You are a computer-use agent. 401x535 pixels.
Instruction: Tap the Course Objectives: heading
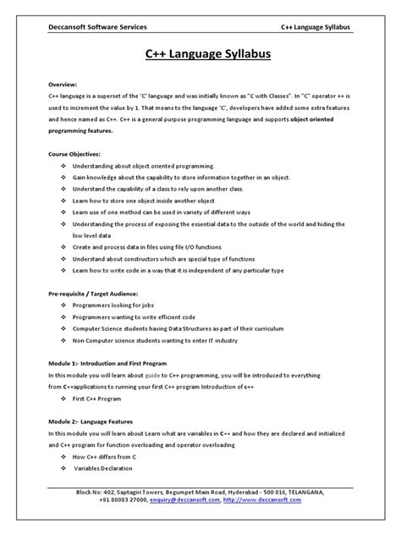click(x=76, y=154)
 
